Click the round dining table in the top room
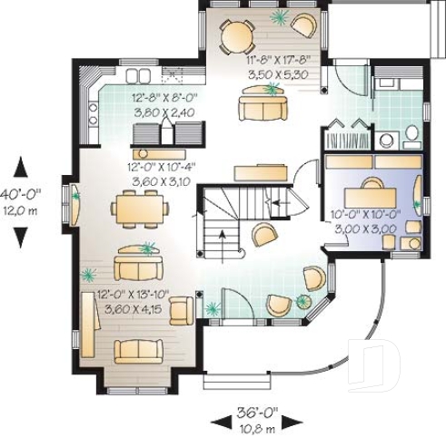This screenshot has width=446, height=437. [x=236, y=37]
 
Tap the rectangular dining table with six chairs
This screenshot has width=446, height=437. [x=140, y=209]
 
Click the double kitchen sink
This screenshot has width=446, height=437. [x=138, y=75]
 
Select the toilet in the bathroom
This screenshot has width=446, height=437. [x=411, y=133]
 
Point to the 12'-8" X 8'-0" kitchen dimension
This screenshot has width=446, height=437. [x=164, y=98]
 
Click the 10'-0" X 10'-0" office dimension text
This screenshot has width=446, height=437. [x=365, y=214]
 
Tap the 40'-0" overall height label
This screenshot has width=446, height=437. [x=20, y=194]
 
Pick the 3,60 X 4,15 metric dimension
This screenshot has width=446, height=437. [x=134, y=309]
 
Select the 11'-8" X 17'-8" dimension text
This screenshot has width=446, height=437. [x=279, y=60]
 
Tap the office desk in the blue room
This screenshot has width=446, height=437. [x=371, y=198]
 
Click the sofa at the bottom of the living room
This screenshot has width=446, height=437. [x=139, y=351]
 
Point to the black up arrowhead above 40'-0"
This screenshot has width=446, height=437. [x=22, y=167]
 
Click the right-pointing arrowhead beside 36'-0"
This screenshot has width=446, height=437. [x=293, y=422]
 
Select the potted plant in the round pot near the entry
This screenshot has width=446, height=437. [x=303, y=301]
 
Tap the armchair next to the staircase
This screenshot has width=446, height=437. [x=264, y=235]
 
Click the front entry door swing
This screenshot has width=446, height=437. [x=238, y=303]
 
